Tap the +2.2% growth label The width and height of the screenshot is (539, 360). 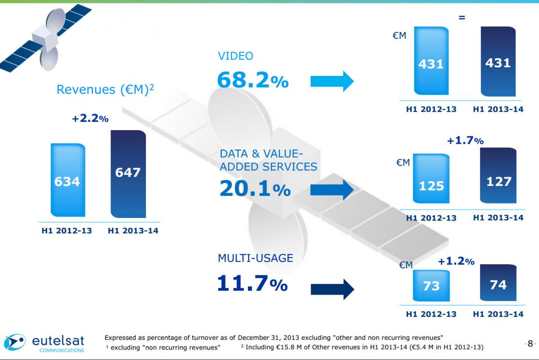[90, 119]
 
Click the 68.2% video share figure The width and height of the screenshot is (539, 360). [252, 80]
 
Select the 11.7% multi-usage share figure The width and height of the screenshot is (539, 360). [252, 284]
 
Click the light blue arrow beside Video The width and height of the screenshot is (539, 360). [332, 81]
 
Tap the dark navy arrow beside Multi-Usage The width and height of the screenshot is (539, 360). [332, 288]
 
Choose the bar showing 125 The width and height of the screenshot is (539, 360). [431, 184]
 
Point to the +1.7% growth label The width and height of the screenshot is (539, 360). [465, 141]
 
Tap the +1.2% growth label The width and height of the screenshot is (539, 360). [456, 261]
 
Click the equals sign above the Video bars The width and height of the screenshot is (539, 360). [461, 18]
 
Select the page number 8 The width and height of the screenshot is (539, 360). [530, 344]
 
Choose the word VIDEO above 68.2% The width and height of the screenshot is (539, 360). [235, 56]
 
